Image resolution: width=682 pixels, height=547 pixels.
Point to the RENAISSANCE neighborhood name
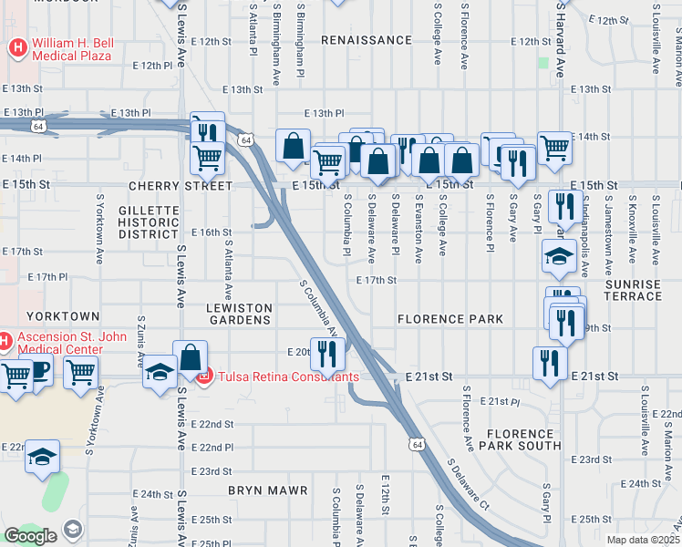click(367, 41)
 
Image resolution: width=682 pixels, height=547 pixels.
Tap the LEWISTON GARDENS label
click(238, 314)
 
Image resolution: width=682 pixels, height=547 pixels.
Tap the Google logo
click(30, 535)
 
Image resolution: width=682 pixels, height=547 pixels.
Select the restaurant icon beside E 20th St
click(327, 353)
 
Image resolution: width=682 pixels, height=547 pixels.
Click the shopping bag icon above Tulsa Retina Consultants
click(190, 356)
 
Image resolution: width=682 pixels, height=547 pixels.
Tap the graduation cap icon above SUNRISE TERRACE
click(558, 256)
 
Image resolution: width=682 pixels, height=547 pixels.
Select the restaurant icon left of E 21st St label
click(549, 364)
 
